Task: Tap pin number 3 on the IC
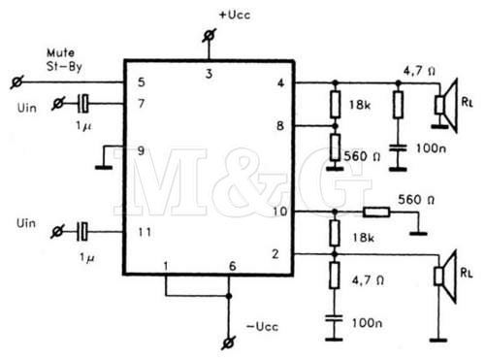(207, 73)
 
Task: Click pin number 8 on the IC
(279, 125)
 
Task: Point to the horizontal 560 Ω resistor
(375, 212)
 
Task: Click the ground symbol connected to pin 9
(101, 166)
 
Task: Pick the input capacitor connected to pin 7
(83, 102)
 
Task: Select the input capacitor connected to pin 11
(83, 230)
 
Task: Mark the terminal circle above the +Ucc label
(207, 37)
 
